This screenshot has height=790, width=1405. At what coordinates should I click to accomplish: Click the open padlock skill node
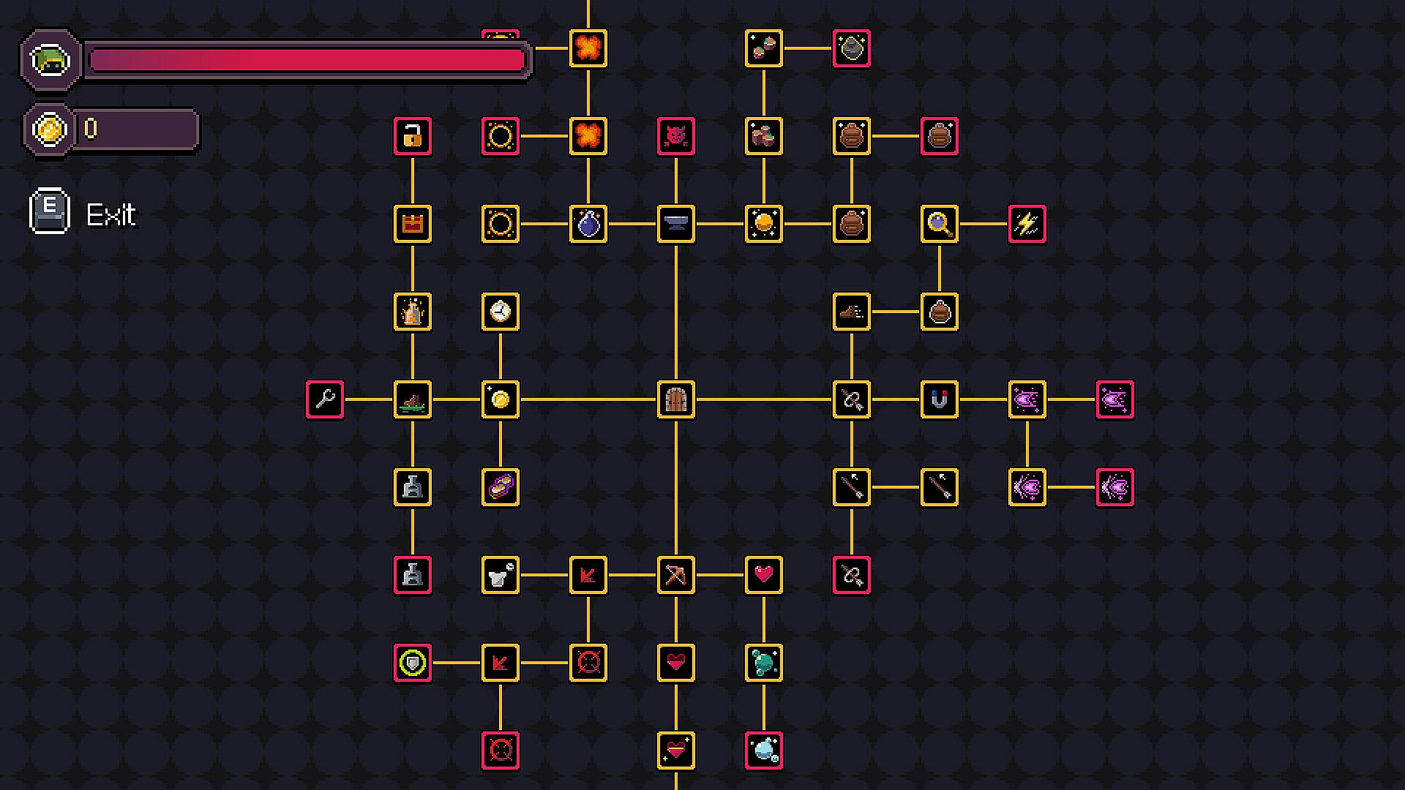point(413,136)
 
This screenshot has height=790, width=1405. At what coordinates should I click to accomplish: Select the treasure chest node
point(413,224)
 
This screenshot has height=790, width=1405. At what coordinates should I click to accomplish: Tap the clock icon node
point(501,312)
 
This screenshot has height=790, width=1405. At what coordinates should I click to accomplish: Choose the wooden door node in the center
point(676,399)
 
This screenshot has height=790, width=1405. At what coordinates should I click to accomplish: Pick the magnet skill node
point(940,399)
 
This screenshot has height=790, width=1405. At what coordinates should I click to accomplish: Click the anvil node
point(676,224)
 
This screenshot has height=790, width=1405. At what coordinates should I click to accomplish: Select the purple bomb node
point(588,224)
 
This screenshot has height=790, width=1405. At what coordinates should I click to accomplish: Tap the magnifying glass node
point(940,224)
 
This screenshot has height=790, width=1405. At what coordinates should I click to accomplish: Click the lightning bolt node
point(1027,224)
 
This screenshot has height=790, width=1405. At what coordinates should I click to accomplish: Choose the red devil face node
point(676,136)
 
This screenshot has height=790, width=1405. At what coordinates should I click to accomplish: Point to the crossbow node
point(676,575)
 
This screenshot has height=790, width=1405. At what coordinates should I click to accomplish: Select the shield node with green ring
point(413,663)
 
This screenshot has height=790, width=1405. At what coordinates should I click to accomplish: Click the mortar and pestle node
point(501,575)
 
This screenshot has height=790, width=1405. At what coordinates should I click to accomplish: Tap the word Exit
point(111,215)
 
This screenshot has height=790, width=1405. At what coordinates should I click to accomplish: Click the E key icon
point(50,211)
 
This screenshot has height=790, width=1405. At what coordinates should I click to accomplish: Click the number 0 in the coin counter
point(91,129)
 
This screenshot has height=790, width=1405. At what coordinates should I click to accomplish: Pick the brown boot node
point(852,312)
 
